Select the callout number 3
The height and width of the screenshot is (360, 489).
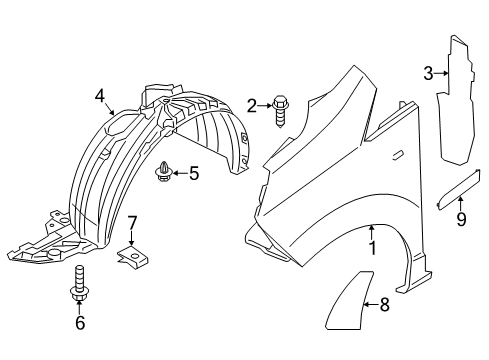click(428, 72)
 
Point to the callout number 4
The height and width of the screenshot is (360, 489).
click(100, 96)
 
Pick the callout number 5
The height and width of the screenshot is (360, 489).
click(193, 173)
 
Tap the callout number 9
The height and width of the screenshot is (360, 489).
click(461, 220)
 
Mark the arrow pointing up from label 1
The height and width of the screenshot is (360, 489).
click(372, 232)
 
